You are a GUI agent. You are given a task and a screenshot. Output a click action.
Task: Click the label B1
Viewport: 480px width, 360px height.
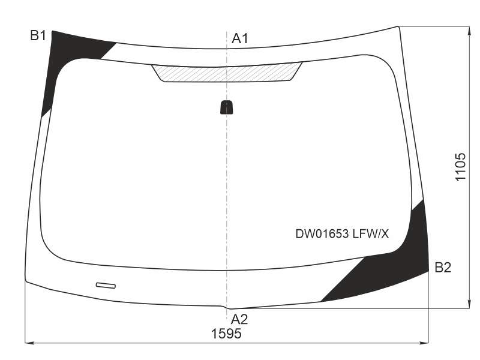point(38,35)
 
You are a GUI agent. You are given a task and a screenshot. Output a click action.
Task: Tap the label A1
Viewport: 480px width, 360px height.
point(239,38)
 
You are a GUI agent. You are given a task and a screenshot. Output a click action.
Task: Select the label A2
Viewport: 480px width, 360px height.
point(239,319)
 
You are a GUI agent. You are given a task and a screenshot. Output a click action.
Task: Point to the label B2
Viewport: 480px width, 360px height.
point(443,267)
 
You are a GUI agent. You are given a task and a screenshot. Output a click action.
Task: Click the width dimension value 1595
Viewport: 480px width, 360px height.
point(226,334)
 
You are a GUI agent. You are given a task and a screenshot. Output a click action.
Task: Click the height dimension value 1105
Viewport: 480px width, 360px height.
point(460,167)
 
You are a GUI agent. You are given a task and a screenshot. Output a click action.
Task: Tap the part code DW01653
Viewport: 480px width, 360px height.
point(322,234)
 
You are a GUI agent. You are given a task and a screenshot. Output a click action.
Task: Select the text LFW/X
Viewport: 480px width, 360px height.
point(371,234)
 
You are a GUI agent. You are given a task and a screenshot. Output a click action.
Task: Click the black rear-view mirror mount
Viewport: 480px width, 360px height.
point(227,107)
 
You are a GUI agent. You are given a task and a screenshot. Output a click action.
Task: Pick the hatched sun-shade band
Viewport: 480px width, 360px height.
point(227,73)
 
